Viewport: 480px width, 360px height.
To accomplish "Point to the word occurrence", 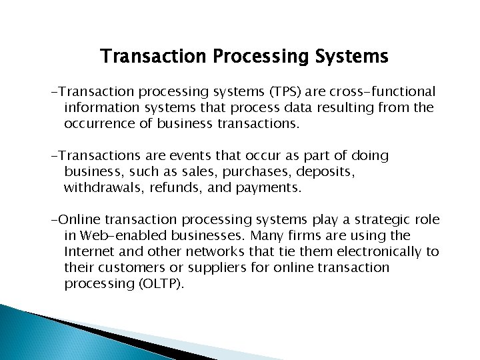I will (x=101, y=123).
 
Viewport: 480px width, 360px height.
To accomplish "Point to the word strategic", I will (x=385, y=220).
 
